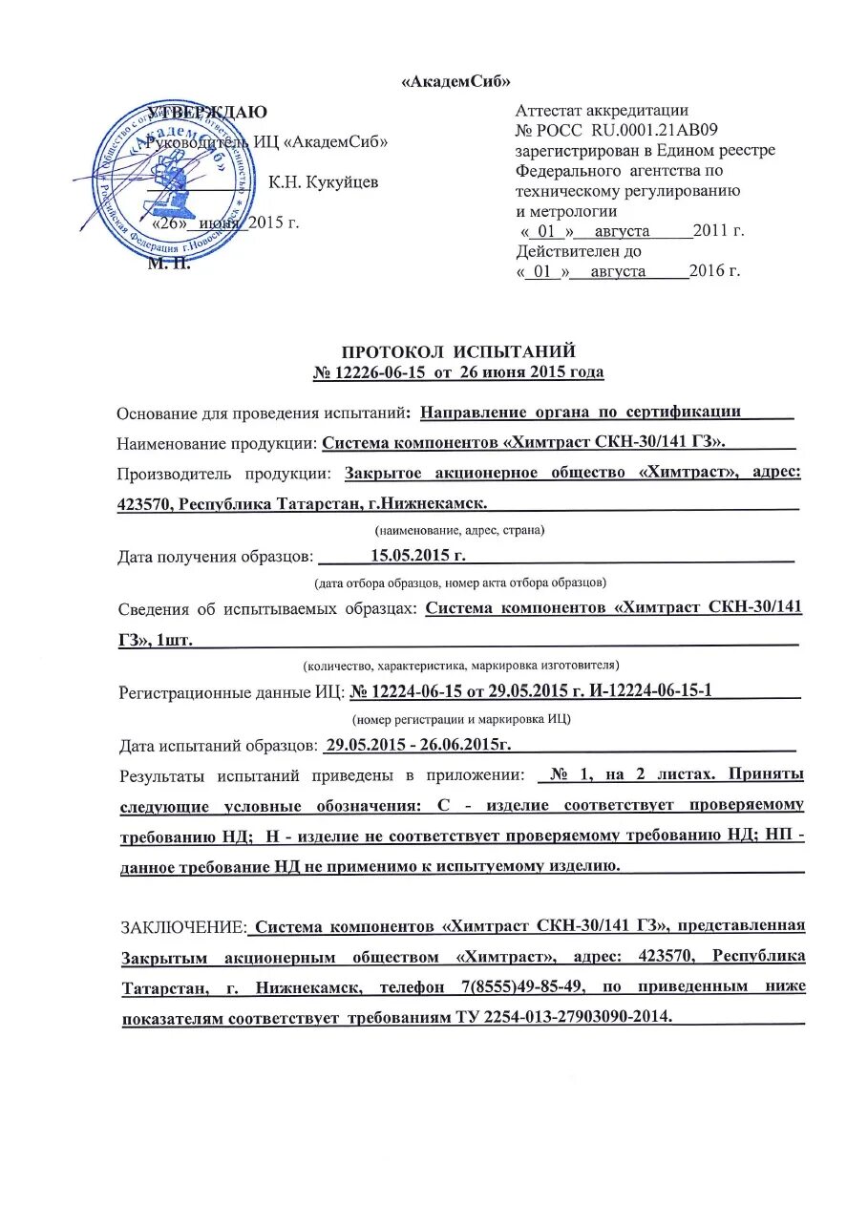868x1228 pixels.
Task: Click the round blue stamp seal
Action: (x=175, y=182)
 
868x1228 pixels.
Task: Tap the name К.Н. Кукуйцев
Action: (x=323, y=182)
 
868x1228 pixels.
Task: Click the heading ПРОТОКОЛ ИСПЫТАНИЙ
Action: (x=458, y=352)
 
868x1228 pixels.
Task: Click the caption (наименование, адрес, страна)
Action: (x=457, y=529)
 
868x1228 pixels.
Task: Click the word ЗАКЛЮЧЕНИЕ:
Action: (x=182, y=925)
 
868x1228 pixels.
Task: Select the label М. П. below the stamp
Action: (x=168, y=265)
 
